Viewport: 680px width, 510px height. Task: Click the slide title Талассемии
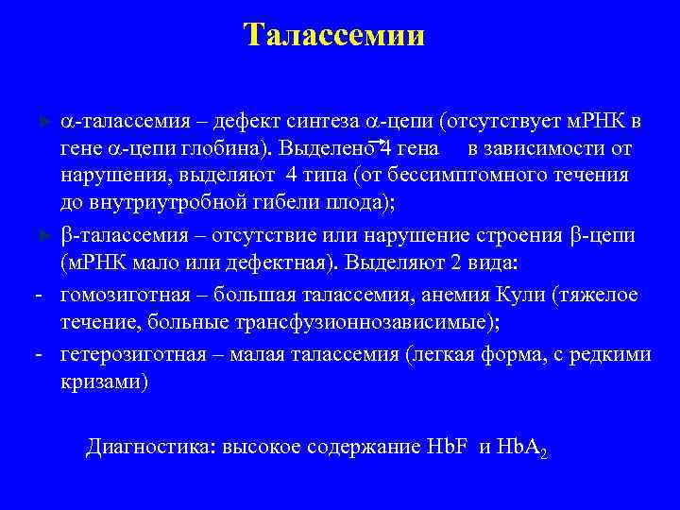click(x=334, y=35)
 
